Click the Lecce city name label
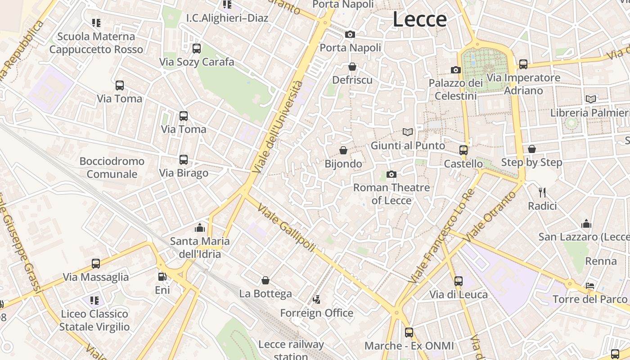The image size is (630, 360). click(x=420, y=19)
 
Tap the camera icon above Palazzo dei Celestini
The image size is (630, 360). click(x=456, y=70)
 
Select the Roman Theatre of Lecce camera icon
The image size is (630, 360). click(x=391, y=174)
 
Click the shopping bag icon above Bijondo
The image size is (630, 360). click(x=343, y=150)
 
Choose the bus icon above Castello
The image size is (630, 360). click(x=463, y=150)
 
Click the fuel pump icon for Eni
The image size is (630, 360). click(x=162, y=277)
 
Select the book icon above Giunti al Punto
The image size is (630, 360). click(x=408, y=132)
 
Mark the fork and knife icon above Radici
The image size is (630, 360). click(x=542, y=193)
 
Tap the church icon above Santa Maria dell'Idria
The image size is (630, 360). click(x=200, y=228)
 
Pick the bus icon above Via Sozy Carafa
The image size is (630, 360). click(x=197, y=49)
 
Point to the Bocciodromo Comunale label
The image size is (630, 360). click(x=112, y=167)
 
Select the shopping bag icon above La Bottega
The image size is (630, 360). click(x=265, y=280)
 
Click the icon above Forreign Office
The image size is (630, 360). click(x=317, y=299)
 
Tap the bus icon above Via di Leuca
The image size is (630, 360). click(x=459, y=281)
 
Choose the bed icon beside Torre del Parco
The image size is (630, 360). click(x=590, y=286)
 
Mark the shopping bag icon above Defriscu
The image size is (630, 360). click(x=352, y=67)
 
